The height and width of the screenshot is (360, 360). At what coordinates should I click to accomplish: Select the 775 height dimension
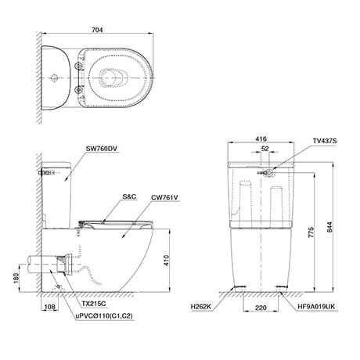click(312, 232)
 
